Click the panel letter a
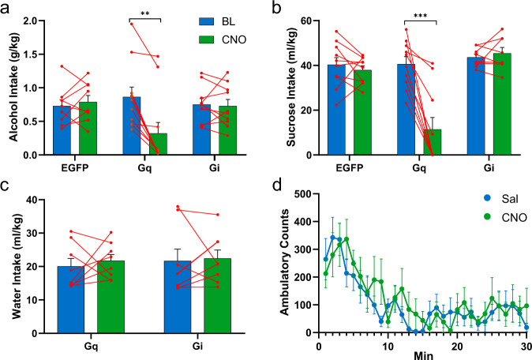tap(7, 8)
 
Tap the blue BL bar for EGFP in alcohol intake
tap(62, 130)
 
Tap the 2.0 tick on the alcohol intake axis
tap(31, 21)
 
